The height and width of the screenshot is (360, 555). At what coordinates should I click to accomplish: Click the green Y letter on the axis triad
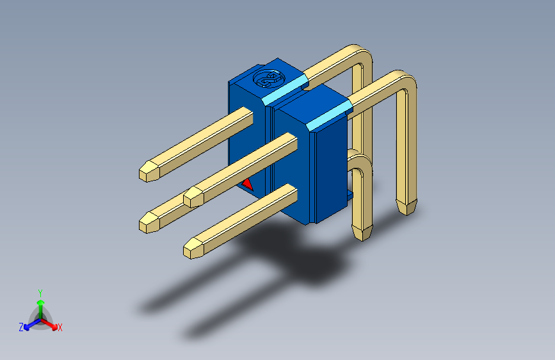click(40, 291)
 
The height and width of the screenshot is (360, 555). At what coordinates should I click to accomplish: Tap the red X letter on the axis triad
click(60, 328)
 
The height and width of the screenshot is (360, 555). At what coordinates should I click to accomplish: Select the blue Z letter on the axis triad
click(20, 327)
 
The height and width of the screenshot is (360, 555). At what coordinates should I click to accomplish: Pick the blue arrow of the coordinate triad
click(29, 324)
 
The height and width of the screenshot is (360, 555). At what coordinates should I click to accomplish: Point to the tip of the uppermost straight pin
click(148, 172)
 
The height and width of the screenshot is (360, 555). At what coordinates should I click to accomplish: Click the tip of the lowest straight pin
click(194, 249)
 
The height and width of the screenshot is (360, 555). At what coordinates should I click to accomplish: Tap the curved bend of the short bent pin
click(360, 161)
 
